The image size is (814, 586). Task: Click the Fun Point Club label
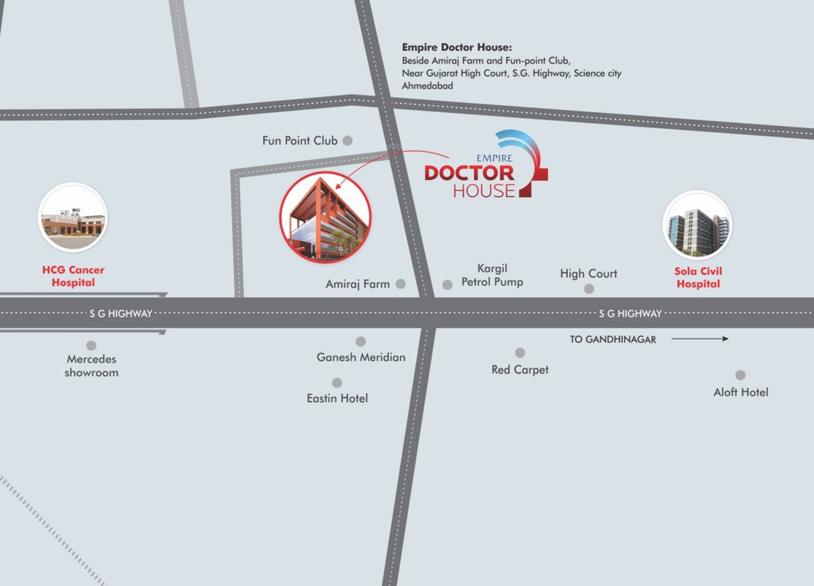click(x=300, y=140)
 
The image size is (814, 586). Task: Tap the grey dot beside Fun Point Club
click(x=348, y=140)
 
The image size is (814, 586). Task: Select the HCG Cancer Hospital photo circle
click(x=73, y=217)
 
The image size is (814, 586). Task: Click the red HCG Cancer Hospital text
click(x=73, y=276)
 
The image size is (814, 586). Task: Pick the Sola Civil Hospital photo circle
click(x=697, y=224)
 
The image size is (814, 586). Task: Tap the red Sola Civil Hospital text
click(x=698, y=277)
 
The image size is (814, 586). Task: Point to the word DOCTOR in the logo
click(x=469, y=173)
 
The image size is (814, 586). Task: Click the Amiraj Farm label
click(x=357, y=284)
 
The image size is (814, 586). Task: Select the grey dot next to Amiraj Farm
click(x=401, y=284)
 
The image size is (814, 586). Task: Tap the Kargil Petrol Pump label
click(x=492, y=275)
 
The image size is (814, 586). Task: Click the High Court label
click(x=588, y=273)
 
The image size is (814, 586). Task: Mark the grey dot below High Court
click(x=589, y=288)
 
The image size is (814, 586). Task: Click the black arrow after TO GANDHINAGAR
click(x=700, y=339)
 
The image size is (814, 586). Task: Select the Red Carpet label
click(x=520, y=369)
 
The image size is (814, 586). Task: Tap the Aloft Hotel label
click(x=741, y=392)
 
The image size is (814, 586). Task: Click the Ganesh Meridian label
click(x=361, y=357)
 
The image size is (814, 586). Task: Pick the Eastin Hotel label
click(x=337, y=398)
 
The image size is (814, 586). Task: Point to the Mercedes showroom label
click(x=91, y=365)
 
